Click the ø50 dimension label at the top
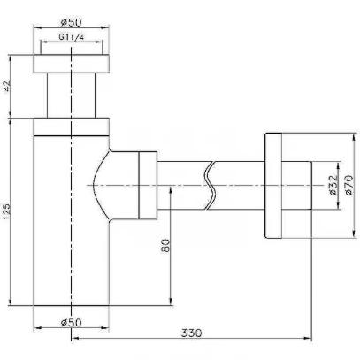[x=71, y=22]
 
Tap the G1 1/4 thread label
[x=72, y=37]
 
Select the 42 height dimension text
[x=7, y=86]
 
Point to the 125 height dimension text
[x=7, y=211]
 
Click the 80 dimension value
[x=165, y=245]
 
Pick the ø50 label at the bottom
[x=71, y=322]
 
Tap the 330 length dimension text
[x=191, y=333]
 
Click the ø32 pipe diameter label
[x=333, y=185]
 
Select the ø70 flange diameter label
[x=349, y=185]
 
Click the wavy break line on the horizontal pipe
[x=210, y=186]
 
